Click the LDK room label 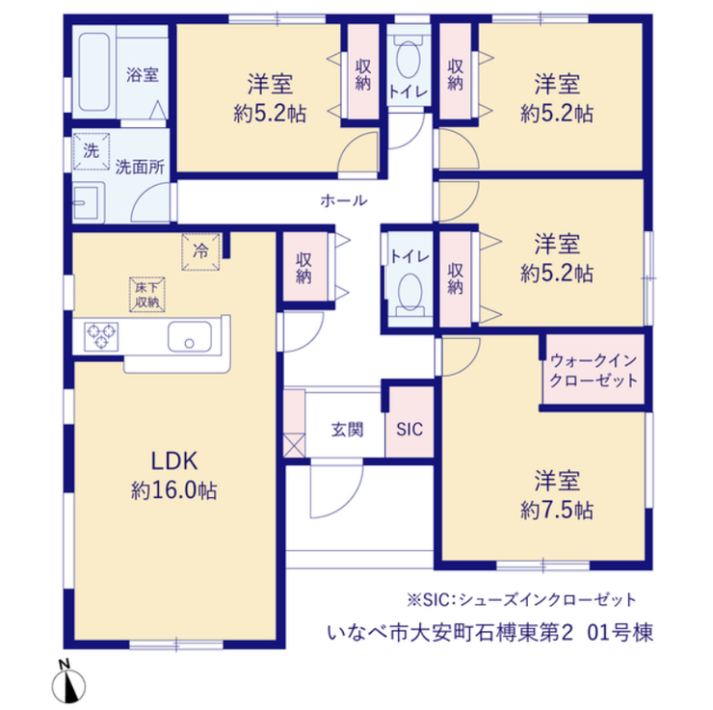click(x=174, y=460)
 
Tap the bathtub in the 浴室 click(x=94, y=72)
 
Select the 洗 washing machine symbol click(x=92, y=151)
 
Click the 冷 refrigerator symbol click(x=201, y=251)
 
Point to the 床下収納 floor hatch click(x=146, y=295)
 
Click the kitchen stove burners click(x=101, y=336)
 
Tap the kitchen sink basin click(x=190, y=337)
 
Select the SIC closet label click(x=409, y=429)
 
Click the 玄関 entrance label click(x=348, y=430)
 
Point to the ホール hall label click(x=344, y=200)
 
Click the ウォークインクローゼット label click(x=594, y=371)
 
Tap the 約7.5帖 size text click(x=557, y=511)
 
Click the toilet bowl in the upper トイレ click(x=409, y=60)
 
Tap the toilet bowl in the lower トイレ click(x=409, y=293)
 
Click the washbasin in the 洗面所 click(x=89, y=202)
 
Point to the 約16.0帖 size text click(x=174, y=491)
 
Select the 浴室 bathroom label click(x=143, y=75)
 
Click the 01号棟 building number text click(x=621, y=632)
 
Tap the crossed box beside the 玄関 click(x=294, y=445)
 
